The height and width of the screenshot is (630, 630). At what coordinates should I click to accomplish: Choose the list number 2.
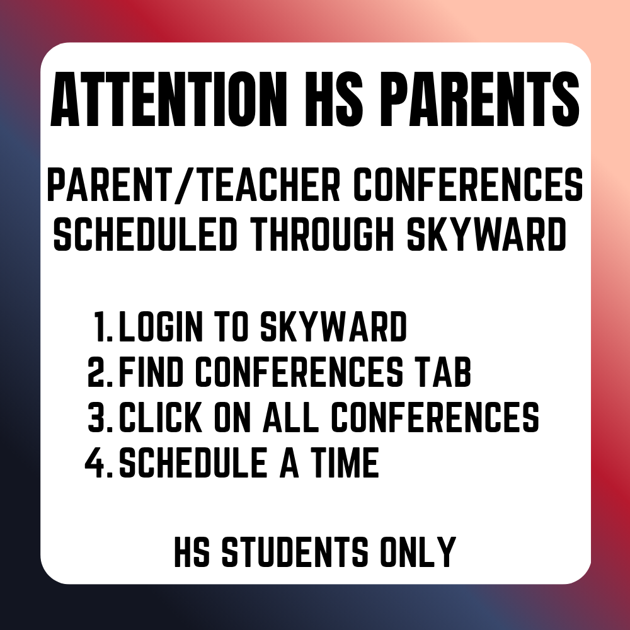click(x=99, y=372)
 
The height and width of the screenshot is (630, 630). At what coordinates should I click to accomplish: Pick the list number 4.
click(x=98, y=462)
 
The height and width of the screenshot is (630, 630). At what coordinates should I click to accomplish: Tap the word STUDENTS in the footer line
click(x=296, y=552)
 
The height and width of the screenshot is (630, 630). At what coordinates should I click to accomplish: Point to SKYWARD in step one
click(x=335, y=328)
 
